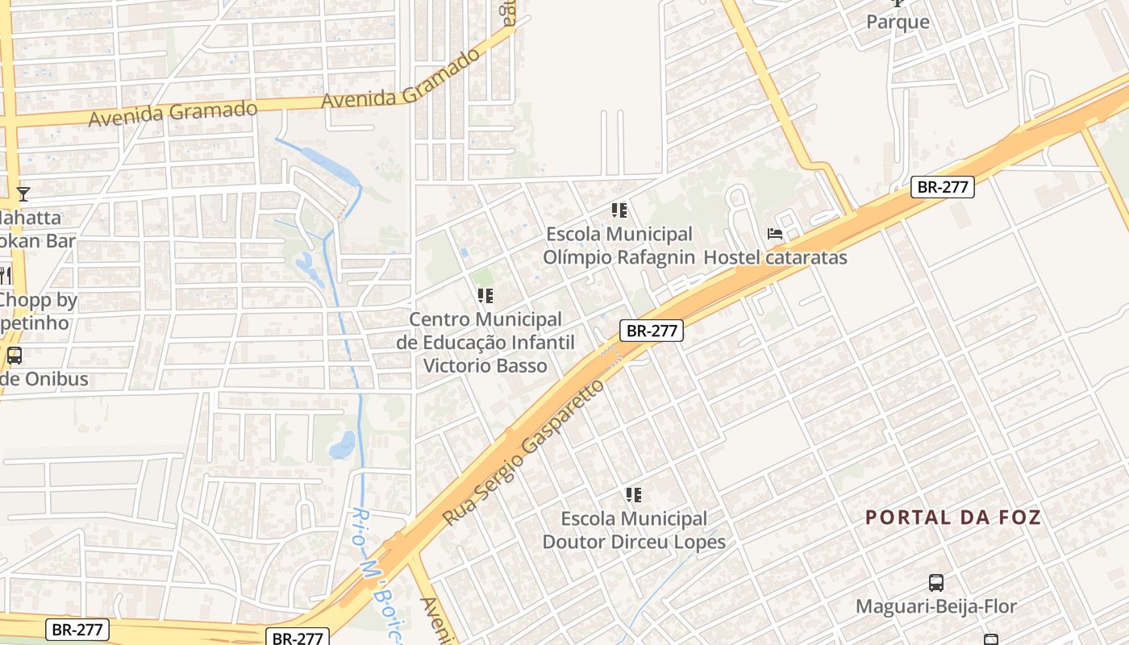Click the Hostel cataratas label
(776, 258)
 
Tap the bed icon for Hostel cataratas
(775, 235)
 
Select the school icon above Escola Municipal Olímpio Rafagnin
(619, 211)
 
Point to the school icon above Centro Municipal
(485, 296)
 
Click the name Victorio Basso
(485, 365)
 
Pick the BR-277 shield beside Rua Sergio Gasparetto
(652, 330)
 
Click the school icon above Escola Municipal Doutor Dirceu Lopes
(634, 494)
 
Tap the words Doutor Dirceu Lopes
(634, 542)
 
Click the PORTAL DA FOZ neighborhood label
(953, 518)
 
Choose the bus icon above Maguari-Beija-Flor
(936, 582)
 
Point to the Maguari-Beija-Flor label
(936, 606)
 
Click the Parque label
(898, 22)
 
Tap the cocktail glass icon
(23, 193)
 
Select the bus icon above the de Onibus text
(15, 355)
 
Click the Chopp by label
(39, 301)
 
